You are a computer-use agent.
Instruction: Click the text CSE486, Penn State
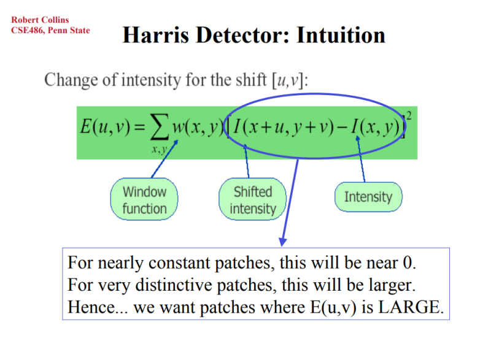pos(50,30)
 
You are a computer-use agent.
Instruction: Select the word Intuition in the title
pos(341,34)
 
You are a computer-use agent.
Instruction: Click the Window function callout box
pos(144,200)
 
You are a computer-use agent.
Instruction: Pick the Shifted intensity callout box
pos(252,200)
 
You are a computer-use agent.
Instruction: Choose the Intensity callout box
pos(368,197)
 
